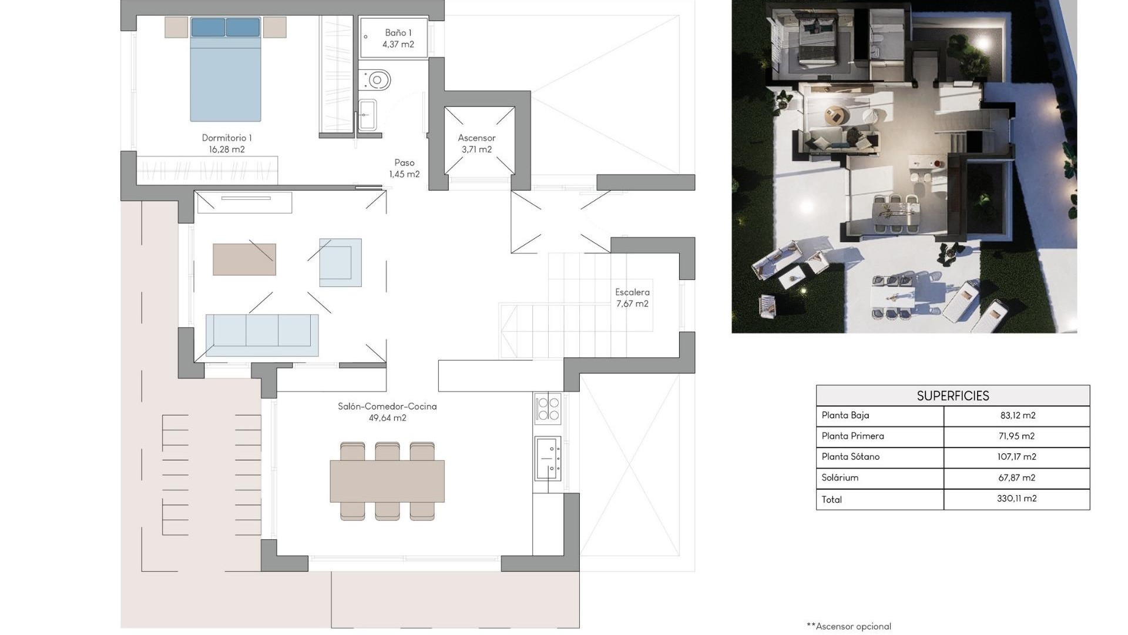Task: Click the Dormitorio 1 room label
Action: tap(227, 143)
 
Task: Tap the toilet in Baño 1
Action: tap(377, 79)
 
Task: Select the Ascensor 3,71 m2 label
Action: tap(476, 143)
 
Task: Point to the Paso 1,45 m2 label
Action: tap(404, 168)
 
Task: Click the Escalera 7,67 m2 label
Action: tap(632, 298)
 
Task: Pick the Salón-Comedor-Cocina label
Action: tap(387, 412)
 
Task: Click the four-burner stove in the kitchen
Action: tap(548, 408)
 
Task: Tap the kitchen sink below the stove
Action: tap(548, 458)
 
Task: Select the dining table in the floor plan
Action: tap(387, 481)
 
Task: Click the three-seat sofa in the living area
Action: tap(262, 335)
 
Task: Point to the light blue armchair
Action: tap(340, 262)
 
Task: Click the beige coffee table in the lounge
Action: tap(244, 259)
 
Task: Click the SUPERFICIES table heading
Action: tap(952, 396)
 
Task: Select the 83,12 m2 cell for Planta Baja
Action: tap(1017, 415)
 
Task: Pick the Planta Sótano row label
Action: tap(850, 456)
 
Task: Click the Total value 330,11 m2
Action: tap(1016, 499)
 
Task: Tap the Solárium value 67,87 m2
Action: tap(1016, 477)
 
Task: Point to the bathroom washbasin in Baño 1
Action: tap(367, 114)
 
